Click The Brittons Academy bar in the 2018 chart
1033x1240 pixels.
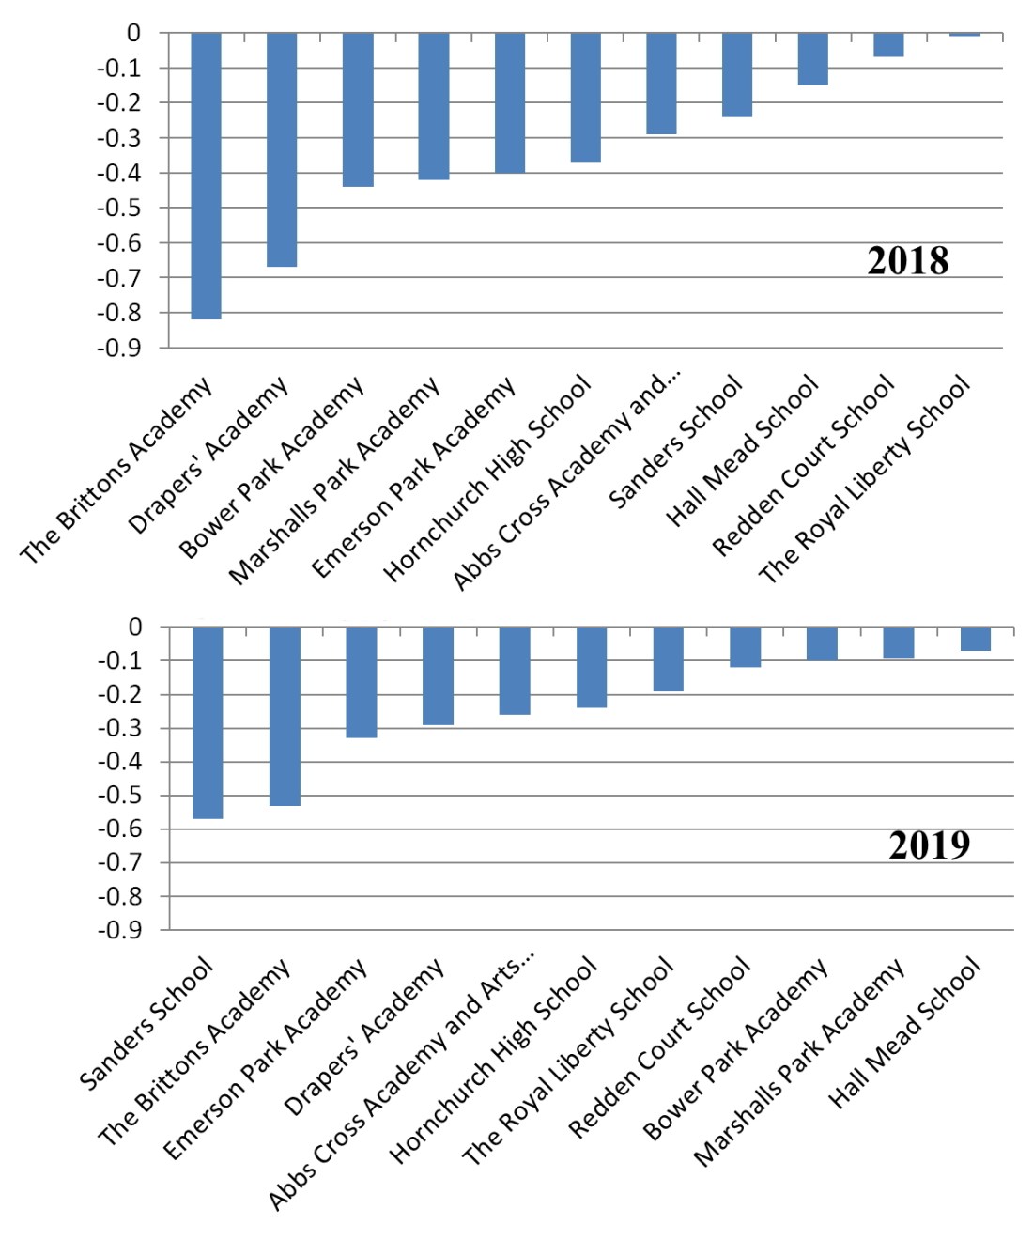[206, 176]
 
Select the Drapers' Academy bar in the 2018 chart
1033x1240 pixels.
[282, 149]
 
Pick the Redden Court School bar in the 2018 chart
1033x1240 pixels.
[888, 45]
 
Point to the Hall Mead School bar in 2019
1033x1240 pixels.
[975, 639]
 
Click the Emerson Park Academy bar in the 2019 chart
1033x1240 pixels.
[362, 682]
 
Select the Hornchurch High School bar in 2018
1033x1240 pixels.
[585, 97]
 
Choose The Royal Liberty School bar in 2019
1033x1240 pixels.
[668, 659]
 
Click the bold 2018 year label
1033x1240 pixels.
[907, 261]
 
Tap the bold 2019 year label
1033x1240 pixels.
[929, 845]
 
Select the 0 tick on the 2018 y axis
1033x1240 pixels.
[133, 33]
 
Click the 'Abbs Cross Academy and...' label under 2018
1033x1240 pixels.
[567, 480]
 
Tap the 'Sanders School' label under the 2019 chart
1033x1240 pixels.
[146, 1024]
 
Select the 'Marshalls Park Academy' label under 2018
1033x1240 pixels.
[334, 480]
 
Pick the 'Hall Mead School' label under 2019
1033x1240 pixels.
[905, 1033]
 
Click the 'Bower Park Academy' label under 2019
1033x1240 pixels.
[736, 1049]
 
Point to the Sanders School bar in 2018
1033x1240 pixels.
[737, 75]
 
